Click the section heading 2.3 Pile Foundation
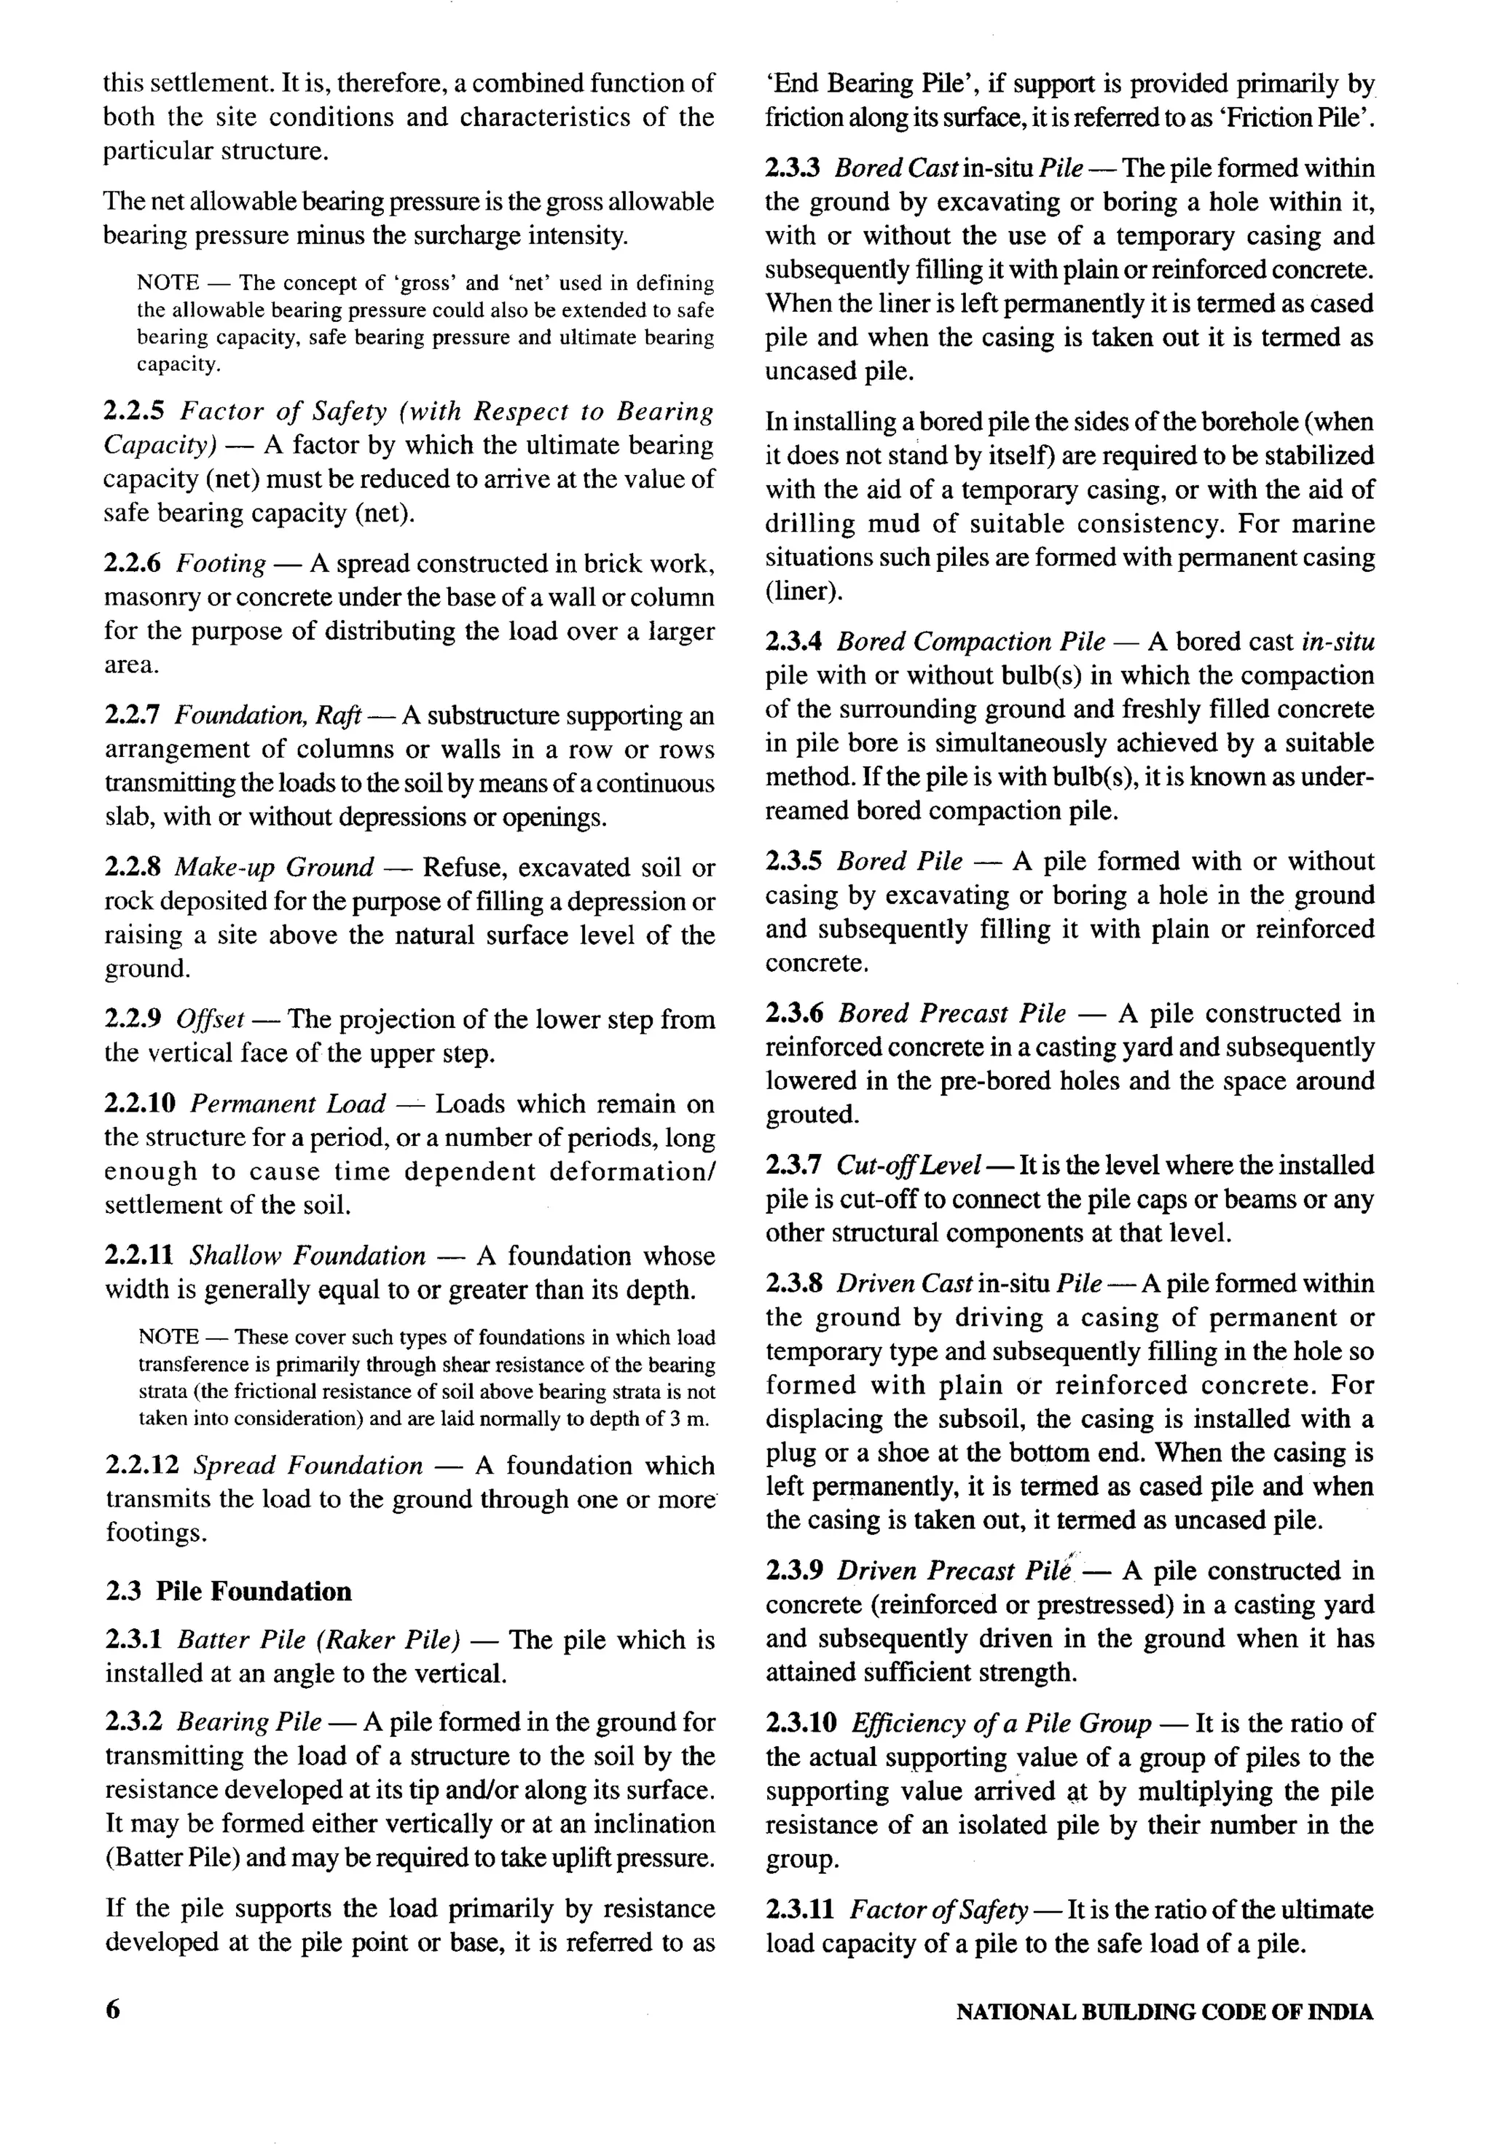tap(228, 1591)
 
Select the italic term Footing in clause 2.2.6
tap(221, 563)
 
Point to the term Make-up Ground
tap(275, 868)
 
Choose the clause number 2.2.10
tap(140, 1104)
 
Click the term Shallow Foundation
tap(307, 1256)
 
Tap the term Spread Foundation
tap(307, 1465)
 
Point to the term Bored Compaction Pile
tap(971, 642)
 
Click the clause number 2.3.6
tap(795, 1013)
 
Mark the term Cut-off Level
tap(908, 1166)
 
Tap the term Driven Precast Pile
tap(954, 1571)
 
